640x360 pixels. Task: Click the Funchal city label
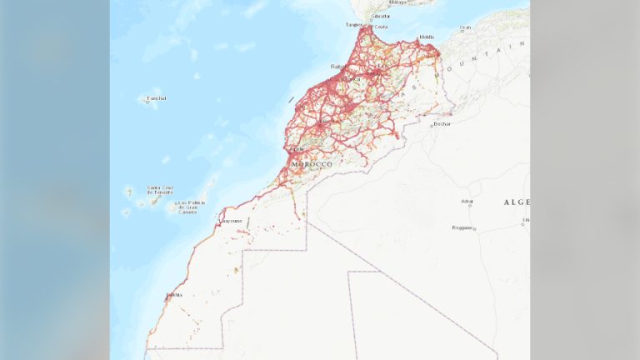pos(156,98)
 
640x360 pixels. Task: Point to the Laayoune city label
pos(231,221)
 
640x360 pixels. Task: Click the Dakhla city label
pos(173,294)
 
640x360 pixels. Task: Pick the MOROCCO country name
pos(312,164)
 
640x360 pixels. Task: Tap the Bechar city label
pos(442,124)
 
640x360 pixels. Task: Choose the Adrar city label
pos(467,201)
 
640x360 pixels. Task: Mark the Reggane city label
pos(462,227)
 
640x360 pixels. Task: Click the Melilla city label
pos(427,37)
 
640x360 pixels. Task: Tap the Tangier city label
pos(353,25)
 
